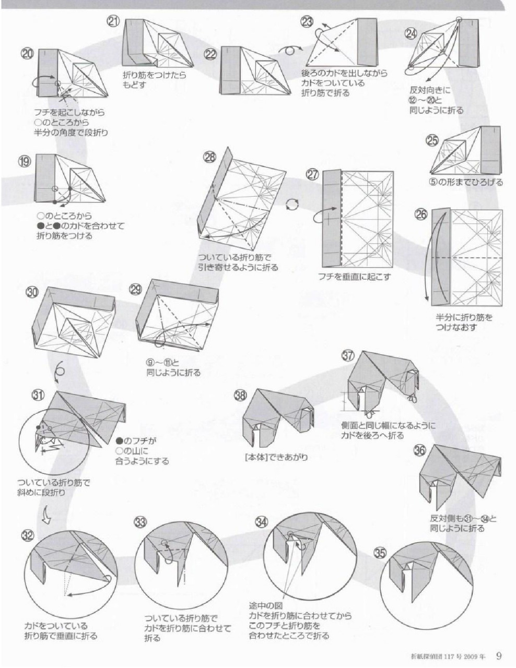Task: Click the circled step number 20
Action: [27, 54]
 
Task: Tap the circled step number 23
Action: [307, 22]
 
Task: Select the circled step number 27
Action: [312, 175]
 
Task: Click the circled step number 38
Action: [240, 396]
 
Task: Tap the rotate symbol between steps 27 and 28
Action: [291, 205]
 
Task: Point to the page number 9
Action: [499, 654]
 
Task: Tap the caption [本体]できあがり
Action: [276, 457]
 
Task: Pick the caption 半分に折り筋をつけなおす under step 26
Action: [464, 322]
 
